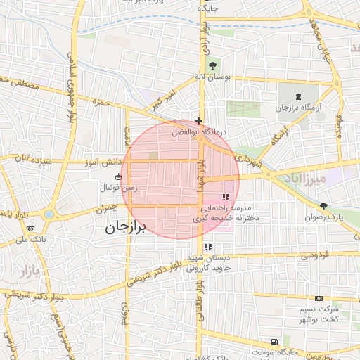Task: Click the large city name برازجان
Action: pos(124,229)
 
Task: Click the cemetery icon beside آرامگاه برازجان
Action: pos(298,96)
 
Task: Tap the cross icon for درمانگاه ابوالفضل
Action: pos(200,121)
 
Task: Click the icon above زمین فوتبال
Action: pos(117,177)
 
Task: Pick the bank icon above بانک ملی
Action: pos(30,229)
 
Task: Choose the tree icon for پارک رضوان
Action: pos(323,206)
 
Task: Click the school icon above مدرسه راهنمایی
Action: pos(226,198)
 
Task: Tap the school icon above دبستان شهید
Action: pos(208,247)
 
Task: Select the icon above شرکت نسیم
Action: pos(319,298)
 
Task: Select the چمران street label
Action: pos(103,209)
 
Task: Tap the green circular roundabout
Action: pos(49,214)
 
